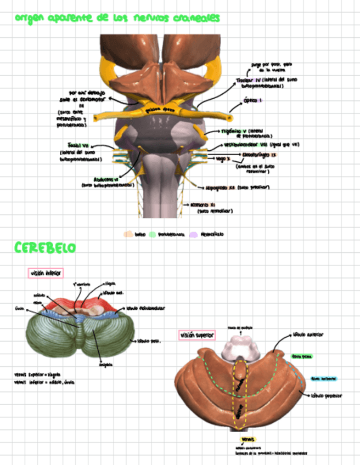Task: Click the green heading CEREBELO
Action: [45, 248]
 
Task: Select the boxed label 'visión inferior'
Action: [46, 273]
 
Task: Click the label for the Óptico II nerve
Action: [253, 100]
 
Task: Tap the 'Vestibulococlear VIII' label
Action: [246, 145]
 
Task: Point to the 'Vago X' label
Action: [222, 159]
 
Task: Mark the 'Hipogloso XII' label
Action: [220, 187]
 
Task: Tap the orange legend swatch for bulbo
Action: [128, 234]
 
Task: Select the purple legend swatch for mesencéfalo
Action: [193, 234]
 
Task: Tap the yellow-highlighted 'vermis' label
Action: [248, 439]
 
